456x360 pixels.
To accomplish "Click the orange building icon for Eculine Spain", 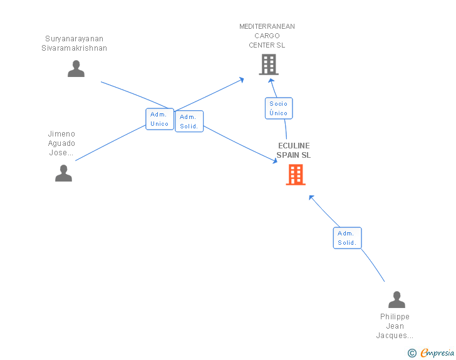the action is coord(296,175).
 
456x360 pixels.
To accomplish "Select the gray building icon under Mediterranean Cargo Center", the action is coord(269,64).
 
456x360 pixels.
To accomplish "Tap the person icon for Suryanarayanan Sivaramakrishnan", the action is coord(76,69).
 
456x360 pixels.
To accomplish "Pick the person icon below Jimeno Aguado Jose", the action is coord(63,173).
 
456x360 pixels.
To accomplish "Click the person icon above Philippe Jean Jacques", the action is coord(396,299).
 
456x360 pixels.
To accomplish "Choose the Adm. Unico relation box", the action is coord(160,119).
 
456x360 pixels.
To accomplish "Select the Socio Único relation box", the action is coord(279,108).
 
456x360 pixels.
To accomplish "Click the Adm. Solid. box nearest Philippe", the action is coord(347,238).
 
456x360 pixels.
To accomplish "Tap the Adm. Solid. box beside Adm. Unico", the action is coord(189,121).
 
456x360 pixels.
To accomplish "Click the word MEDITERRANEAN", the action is coord(267,26).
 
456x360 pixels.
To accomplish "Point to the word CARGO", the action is coord(267,36).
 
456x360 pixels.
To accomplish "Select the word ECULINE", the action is coord(294,146).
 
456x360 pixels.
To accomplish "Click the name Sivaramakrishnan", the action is coord(74,48).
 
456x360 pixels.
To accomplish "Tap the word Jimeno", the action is coord(61,134).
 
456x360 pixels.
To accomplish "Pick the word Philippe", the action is coord(395,317).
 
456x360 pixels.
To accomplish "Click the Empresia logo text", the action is coord(437,352).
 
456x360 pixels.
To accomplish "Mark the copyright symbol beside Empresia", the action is coord(412,353).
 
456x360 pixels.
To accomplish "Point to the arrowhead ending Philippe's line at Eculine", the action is coord(311,198).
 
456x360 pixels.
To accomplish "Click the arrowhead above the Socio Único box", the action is coord(271,81).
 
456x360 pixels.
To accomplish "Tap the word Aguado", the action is coord(61,143).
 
